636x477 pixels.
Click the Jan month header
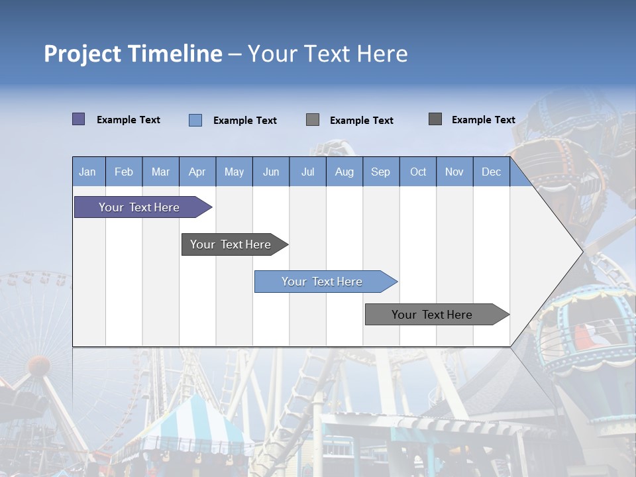[87, 172]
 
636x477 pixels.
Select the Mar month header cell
[160, 172]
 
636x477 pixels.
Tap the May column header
[234, 172]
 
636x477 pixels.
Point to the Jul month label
[307, 172]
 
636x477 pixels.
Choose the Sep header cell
[380, 172]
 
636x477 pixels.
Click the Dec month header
[491, 172]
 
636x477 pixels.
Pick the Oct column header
[418, 172]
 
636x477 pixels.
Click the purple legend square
[78, 119]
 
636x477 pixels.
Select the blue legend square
[195, 120]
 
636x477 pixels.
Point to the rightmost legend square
[435, 119]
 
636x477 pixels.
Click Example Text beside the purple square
[129, 120]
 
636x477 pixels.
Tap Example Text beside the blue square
[245, 121]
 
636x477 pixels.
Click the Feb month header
[124, 172]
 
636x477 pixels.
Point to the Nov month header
[454, 172]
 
